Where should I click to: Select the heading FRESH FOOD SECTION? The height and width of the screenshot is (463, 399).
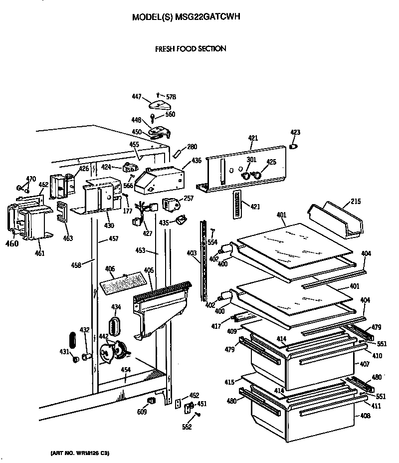coord(191,48)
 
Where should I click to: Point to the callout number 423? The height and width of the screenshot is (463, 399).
coord(296,133)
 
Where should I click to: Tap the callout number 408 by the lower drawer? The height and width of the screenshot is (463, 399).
coord(365,416)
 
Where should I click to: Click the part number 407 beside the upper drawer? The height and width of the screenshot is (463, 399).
coord(365,365)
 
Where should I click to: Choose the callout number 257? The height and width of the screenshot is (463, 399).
coord(188,199)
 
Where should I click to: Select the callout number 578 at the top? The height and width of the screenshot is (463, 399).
coord(171,96)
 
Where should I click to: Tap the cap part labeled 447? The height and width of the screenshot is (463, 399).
coord(160,104)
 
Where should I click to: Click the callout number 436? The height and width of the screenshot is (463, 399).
coord(197,160)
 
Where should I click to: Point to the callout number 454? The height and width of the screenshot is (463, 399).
coord(126,370)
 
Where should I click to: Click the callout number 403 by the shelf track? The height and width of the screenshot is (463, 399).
coord(192,254)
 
